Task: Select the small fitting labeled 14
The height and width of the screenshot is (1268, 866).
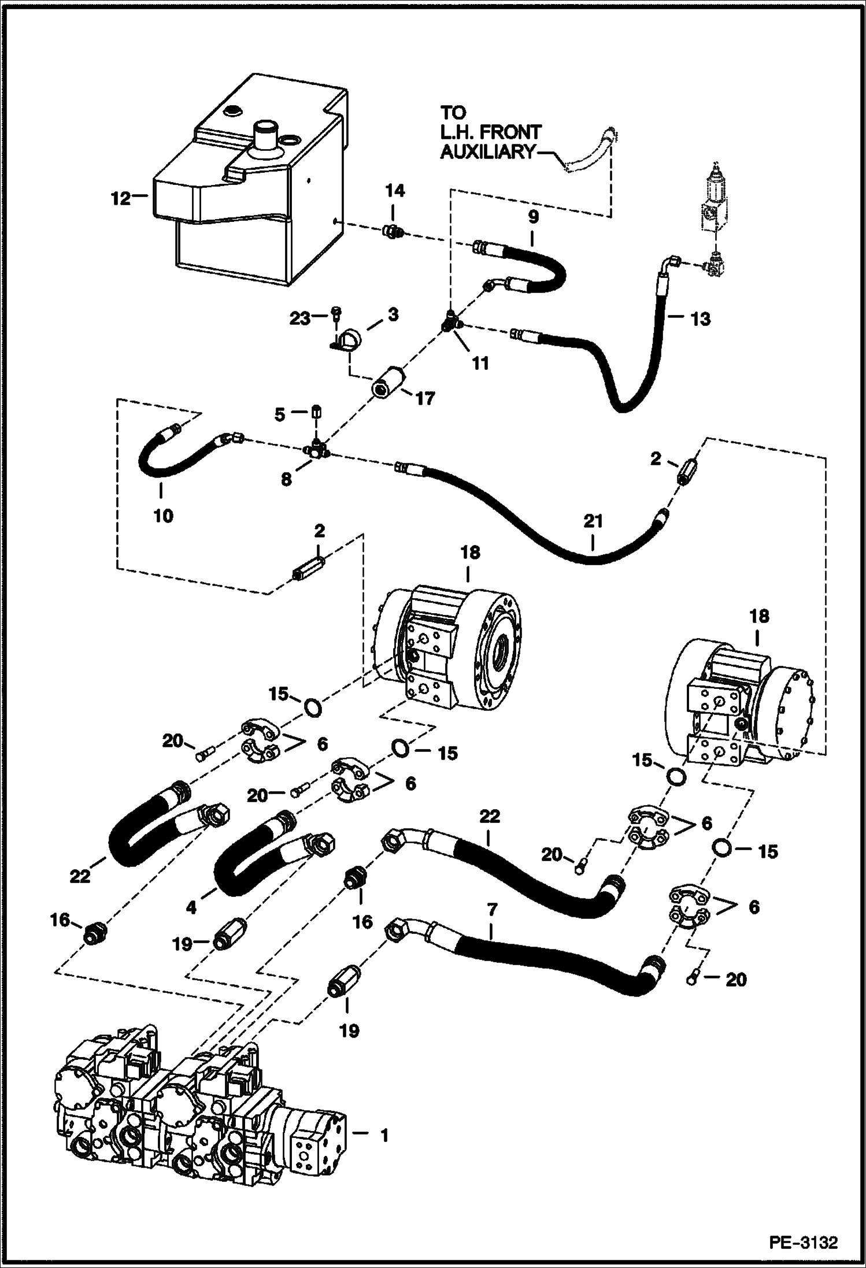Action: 393,232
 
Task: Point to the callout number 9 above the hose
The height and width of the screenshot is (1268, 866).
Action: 532,217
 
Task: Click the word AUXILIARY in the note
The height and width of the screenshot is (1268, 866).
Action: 487,152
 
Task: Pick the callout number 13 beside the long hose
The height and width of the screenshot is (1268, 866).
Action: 701,318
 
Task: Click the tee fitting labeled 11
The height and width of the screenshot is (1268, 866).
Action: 451,321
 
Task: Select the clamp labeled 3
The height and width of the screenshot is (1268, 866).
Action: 351,337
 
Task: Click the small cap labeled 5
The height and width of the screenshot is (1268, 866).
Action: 316,413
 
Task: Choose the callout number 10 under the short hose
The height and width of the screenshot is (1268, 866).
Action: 163,516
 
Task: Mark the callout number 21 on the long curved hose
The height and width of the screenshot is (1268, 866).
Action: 593,521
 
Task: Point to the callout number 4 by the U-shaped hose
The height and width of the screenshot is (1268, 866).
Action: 191,908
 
